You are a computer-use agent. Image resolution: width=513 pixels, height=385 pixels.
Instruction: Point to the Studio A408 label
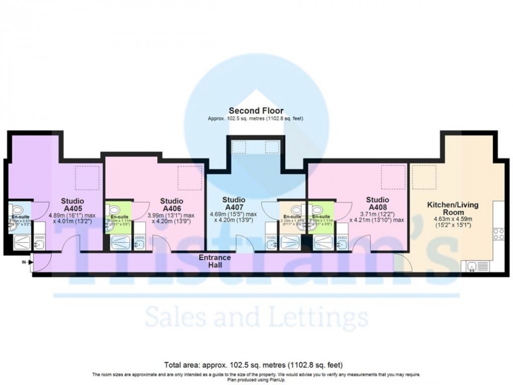(x=378, y=204)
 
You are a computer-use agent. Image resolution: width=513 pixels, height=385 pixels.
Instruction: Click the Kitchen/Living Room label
(x=445, y=208)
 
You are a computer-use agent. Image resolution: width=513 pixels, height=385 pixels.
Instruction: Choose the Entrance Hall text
(x=215, y=261)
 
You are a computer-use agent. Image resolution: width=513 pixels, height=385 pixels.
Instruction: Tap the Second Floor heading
(x=256, y=111)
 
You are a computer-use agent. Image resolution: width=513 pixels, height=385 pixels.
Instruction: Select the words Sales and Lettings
(x=256, y=318)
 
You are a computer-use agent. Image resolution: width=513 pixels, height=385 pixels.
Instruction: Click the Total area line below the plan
(x=256, y=364)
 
